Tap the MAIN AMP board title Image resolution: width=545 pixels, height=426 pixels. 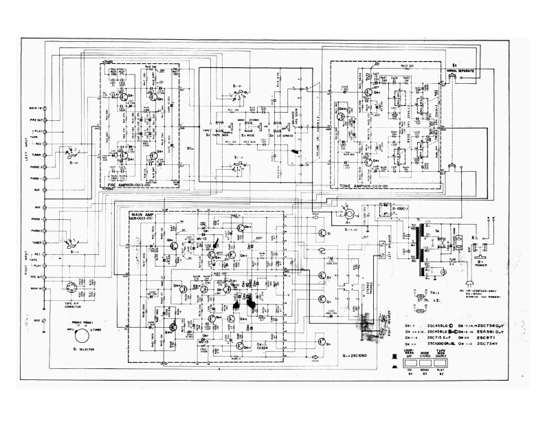pyautogui.click(x=141, y=217)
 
